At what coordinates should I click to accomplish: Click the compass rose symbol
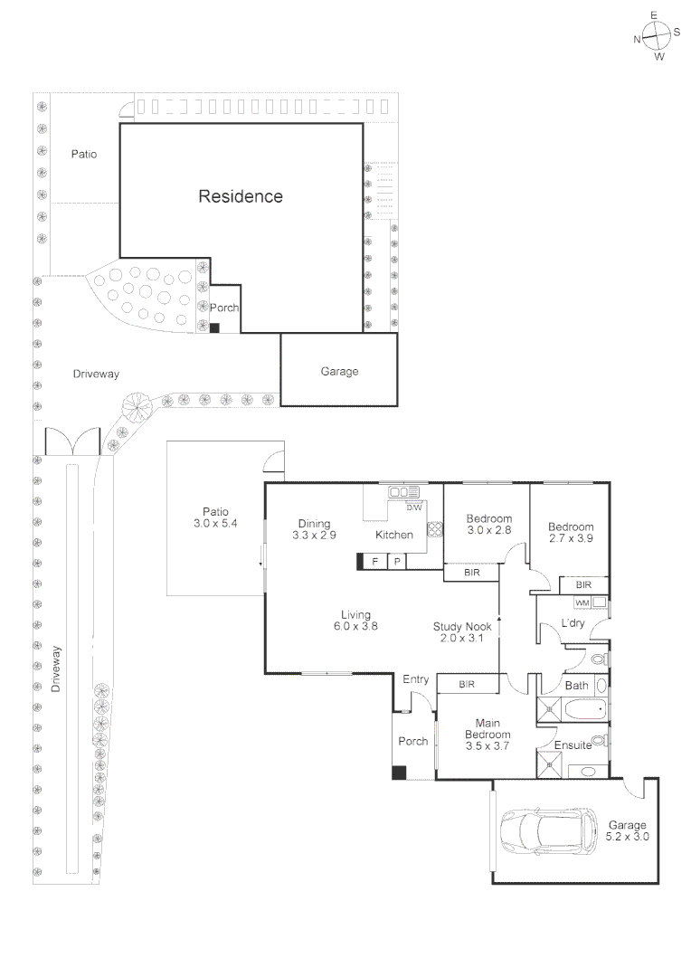point(657,36)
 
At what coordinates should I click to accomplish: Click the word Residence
point(241,196)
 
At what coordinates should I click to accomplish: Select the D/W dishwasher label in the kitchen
point(413,507)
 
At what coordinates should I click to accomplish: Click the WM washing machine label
point(582,602)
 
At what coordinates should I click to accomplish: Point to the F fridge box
point(373,562)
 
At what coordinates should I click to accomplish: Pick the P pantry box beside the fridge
point(396,562)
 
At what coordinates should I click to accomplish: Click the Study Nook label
point(461,626)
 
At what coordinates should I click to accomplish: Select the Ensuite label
point(573,745)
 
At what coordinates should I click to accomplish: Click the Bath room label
point(576,686)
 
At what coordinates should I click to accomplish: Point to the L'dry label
point(574,624)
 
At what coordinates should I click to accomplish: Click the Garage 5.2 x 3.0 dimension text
point(627,838)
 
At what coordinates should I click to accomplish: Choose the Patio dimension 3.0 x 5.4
point(214,524)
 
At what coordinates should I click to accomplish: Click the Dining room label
point(314,523)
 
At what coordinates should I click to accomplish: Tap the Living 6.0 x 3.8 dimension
point(355,627)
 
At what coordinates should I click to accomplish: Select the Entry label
point(415,679)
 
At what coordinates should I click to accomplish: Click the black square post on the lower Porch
point(398,773)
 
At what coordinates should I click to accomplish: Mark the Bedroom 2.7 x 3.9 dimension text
point(571,538)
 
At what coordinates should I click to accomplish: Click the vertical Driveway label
point(58,669)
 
